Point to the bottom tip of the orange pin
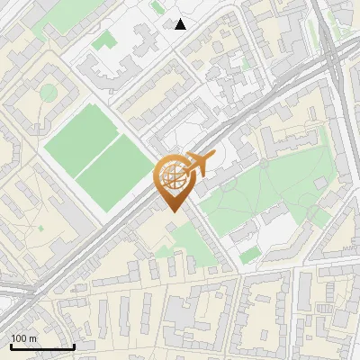click(x=173, y=211)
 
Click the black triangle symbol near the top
click(x=181, y=24)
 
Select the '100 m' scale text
click(x=24, y=338)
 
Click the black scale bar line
click(x=42, y=346)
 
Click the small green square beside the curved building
click(x=104, y=40)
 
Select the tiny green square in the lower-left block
click(x=40, y=229)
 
